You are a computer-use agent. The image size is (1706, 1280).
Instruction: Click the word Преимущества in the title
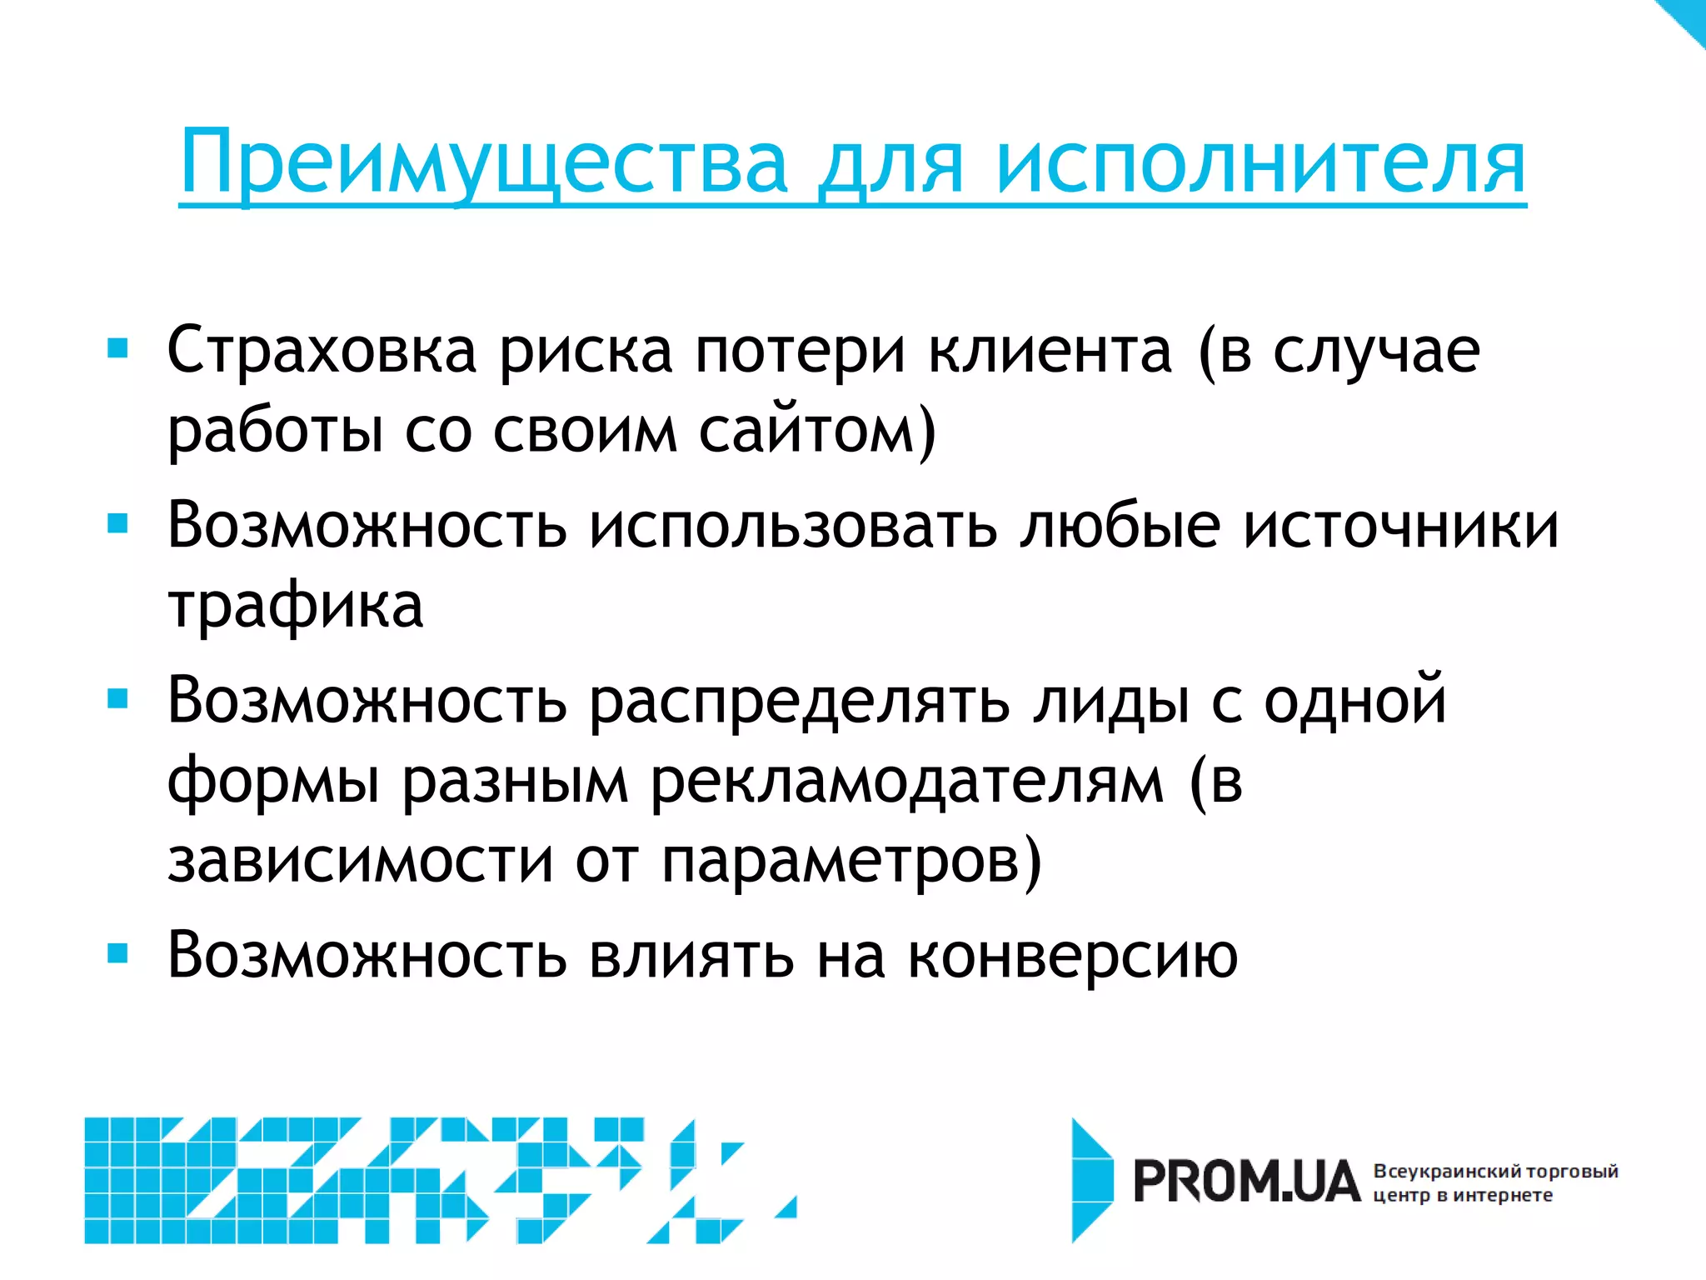483,162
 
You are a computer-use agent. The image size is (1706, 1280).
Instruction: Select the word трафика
296,606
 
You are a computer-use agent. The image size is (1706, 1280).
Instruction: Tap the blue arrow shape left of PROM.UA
1091,1180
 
